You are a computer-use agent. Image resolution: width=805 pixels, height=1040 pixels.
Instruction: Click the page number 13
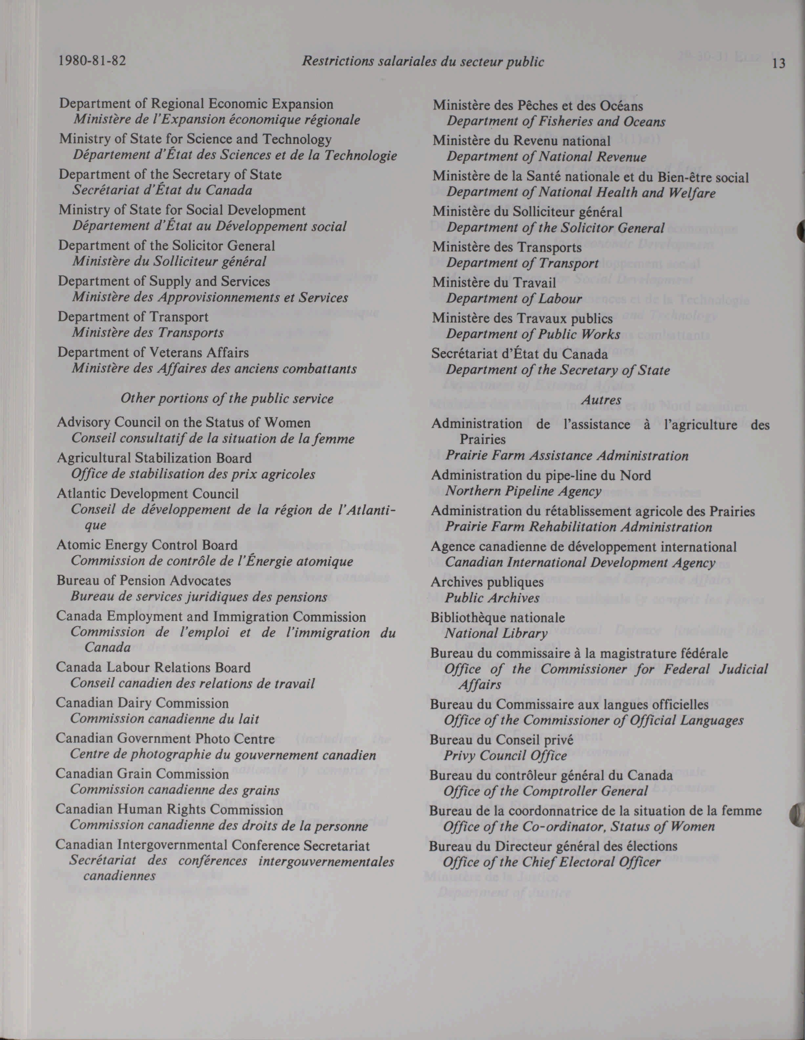pos(779,63)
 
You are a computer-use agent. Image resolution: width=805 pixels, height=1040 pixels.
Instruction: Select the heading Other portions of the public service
pos(226,399)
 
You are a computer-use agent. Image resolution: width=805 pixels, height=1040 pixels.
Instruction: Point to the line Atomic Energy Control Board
pos(147,545)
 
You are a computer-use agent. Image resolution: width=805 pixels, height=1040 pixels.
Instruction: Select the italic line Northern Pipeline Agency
pos(523,491)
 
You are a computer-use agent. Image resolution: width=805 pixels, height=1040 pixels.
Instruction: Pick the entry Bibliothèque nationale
pos(498,618)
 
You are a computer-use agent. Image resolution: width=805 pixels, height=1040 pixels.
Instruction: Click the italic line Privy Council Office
pos(505,756)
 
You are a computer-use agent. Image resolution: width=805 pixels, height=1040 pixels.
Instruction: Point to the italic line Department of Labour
pos(514,298)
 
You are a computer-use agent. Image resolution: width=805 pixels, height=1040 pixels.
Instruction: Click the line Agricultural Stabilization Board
pos(154,458)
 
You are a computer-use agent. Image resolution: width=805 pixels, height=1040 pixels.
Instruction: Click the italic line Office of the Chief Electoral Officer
pos(551,862)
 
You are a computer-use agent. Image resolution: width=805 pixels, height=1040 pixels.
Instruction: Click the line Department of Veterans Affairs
pos(153,353)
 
